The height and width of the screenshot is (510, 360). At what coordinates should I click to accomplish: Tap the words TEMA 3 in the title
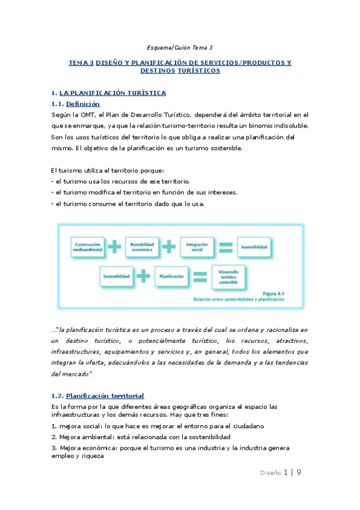[x=81, y=63]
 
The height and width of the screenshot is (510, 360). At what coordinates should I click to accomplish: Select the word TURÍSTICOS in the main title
[x=199, y=71]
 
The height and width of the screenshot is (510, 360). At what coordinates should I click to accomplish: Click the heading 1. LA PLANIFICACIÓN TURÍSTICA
[x=109, y=93]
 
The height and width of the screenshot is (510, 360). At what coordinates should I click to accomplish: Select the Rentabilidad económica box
[x=142, y=245]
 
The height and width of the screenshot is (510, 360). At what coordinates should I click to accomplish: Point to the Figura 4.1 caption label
[x=273, y=293]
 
